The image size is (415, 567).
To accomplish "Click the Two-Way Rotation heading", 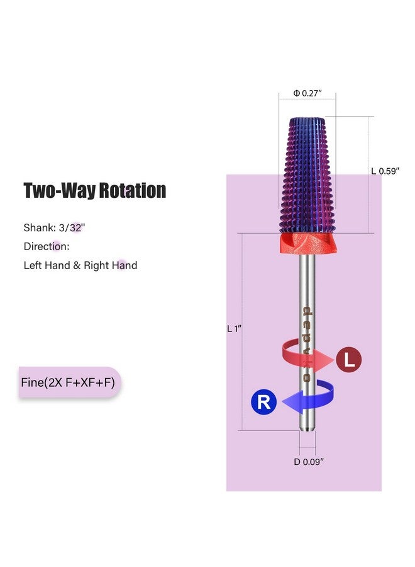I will click(95, 190).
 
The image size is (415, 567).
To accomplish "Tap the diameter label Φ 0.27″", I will click(307, 93).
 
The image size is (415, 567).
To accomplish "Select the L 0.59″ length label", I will click(385, 170).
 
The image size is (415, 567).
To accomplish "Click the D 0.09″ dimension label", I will click(308, 462).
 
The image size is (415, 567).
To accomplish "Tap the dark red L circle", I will click(349, 360).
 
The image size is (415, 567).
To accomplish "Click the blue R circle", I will click(264, 402).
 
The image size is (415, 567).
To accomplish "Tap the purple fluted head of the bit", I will click(307, 176).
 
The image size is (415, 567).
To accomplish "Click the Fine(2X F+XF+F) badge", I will click(69, 382).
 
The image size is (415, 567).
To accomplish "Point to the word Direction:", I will click(47, 246).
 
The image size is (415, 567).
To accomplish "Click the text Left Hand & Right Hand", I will click(80, 265).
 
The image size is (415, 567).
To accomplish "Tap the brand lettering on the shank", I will click(307, 343).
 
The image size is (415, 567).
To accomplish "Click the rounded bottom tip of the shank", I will click(307, 429).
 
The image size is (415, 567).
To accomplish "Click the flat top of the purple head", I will click(307, 120).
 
